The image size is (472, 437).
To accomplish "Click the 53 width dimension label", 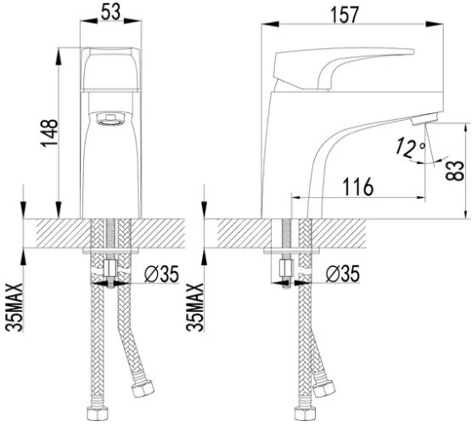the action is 110,13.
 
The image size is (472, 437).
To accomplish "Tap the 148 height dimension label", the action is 48,133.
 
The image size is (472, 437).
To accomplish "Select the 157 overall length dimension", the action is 345,15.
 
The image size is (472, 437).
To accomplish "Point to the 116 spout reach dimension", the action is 358,187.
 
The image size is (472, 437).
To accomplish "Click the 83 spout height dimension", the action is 455,171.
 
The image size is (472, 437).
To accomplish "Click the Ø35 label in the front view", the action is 161,274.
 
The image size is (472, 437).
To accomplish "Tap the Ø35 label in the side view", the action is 343,274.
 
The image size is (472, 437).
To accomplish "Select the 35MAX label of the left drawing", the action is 14,308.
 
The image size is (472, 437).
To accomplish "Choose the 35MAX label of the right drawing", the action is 194,308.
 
